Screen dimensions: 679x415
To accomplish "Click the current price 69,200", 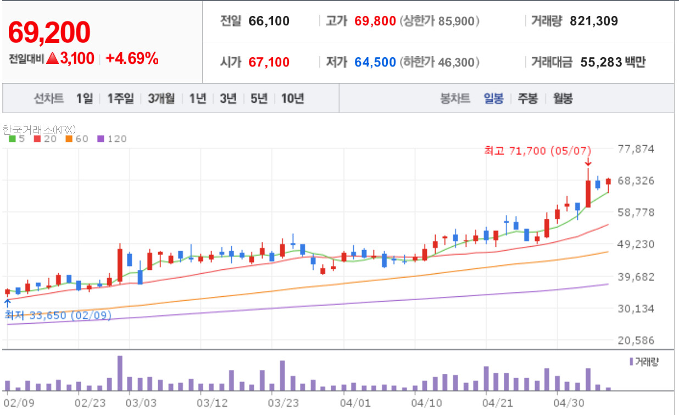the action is coord(49,32).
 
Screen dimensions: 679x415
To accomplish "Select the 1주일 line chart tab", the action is coord(121,98).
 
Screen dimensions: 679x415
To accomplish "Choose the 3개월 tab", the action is coord(162,98).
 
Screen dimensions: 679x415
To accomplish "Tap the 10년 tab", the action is coord(292,98).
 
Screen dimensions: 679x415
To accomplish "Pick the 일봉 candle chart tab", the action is coord(493,98).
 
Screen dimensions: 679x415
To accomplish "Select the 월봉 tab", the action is coord(563,98).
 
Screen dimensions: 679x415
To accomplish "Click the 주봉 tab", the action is coord(528,98).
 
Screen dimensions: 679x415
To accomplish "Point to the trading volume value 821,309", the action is coord(594,21).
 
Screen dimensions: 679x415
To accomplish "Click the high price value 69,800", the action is coord(375,21).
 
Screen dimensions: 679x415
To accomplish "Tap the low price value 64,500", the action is coord(375,62).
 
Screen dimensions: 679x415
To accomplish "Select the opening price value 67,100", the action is coord(269,62).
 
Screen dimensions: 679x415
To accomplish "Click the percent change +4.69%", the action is coord(132,58).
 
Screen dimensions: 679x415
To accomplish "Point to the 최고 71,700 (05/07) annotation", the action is coord(538,151).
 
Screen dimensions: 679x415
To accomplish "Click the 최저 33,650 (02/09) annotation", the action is coord(58,315).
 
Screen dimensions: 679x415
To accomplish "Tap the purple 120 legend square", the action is coord(101,139).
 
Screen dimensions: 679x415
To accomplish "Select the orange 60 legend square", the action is coord(69,139).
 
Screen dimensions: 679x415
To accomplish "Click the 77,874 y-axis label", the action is coord(636,149).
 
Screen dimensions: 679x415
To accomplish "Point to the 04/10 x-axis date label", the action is coord(426,403).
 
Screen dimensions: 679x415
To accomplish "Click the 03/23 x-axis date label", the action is coord(283,403).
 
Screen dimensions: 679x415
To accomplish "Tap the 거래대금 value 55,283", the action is coord(601,62).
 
